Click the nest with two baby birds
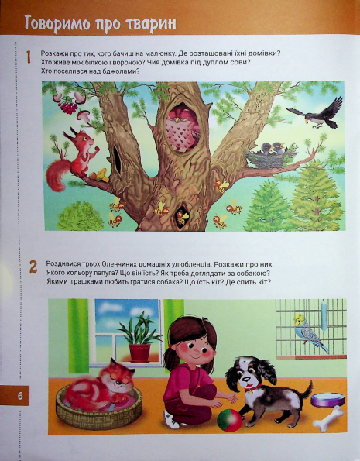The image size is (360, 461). click(x=270, y=156)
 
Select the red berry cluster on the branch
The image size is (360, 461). click(x=69, y=107)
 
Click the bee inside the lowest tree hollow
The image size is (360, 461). click(x=182, y=217)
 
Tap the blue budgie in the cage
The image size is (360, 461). click(x=310, y=332)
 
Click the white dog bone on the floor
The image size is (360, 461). click(x=327, y=418)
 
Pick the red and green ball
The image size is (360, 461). click(x=229, y=420)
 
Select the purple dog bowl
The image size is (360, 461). click(x=327, y=400)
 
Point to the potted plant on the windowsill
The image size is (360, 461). click(x=139, y=338)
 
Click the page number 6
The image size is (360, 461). click(x=20, y=396)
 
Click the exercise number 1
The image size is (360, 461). click(x=28, y=57)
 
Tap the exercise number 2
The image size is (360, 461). click(x=33, y=267)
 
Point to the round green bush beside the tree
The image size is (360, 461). click(x=80, y=216)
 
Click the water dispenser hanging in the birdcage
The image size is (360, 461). click(x=324, y=315)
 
